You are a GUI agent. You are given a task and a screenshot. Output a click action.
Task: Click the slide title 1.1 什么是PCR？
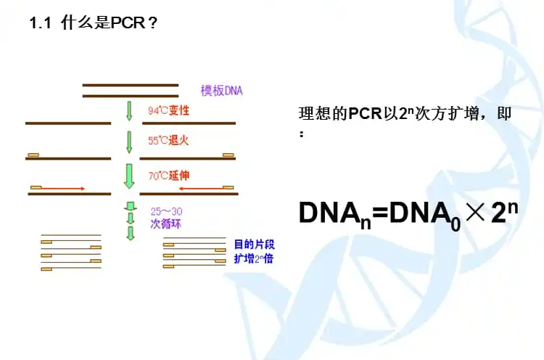(93, 23)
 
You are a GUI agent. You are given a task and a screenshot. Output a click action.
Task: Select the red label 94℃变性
(168, 111)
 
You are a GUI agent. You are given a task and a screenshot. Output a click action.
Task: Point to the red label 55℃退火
(168, 140)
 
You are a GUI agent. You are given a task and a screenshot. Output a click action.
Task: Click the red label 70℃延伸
(168, 175)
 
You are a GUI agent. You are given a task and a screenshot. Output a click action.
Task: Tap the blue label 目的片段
(254, 244)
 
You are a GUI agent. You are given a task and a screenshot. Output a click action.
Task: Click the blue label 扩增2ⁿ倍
(253, 258)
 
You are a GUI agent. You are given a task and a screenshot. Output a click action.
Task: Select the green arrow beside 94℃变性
(129, 110)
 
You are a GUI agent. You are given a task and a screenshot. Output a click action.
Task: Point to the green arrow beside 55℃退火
(129, 141)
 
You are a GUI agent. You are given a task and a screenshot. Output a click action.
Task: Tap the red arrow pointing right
(58, 188)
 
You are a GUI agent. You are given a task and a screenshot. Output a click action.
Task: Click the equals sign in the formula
(379, 212)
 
